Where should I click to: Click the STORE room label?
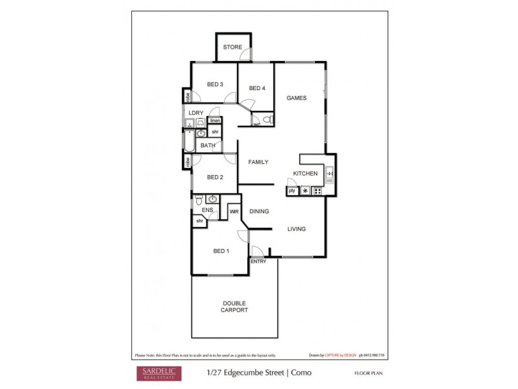tap(232, 47)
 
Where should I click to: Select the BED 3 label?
tap(215, 84)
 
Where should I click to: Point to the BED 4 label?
tap(257, 88)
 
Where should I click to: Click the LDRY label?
tap(196, 113)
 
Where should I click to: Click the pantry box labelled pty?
tap(291, 191)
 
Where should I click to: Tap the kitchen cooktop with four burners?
tap(317, 191)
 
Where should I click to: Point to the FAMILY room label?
tap(258, 162)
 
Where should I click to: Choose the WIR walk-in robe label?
tap(234, 211)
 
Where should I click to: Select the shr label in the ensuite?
tap(200, 221)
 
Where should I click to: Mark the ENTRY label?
tap(258, 261)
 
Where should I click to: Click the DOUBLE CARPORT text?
tap(234, 307)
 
